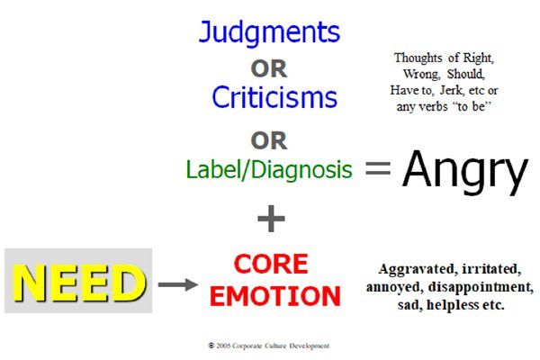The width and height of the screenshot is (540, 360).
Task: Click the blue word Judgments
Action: tap(269, 33)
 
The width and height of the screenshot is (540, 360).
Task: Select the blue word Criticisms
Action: tap(274, 97)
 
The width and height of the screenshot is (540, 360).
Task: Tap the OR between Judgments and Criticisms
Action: tap(268, 69)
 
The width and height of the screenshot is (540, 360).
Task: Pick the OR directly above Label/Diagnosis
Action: tap(268, 140)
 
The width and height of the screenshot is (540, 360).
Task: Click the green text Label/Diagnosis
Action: tap(269, 170)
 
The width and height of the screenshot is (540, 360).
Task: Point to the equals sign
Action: tap(378, 167)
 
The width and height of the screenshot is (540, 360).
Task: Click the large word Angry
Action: tap(465, 171)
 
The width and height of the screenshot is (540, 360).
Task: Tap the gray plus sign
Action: tap(271, 219)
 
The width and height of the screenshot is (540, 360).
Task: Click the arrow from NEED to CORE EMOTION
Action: tap(178, 284)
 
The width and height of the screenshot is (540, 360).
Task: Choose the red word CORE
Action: tap(271, 265)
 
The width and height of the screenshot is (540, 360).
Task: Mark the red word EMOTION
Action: tap(275, 296)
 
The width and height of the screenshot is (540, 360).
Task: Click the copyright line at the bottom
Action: tap(269, 346)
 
